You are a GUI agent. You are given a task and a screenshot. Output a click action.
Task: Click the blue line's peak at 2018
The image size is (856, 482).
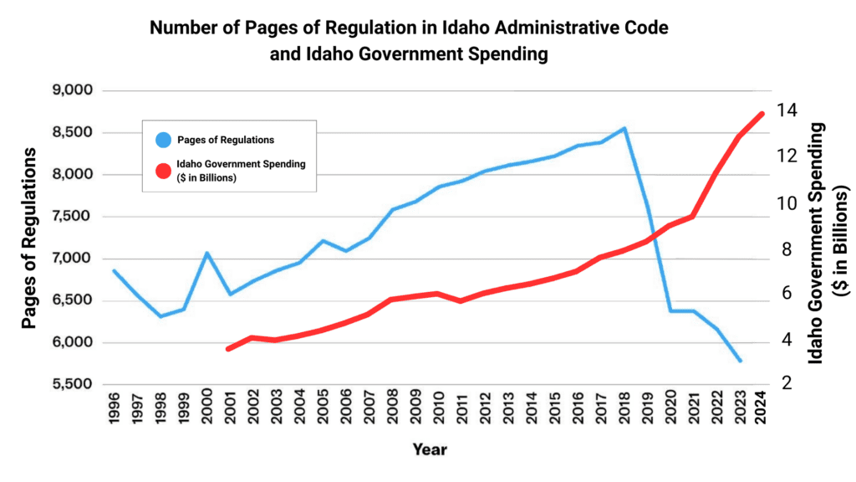(x=624, y=129)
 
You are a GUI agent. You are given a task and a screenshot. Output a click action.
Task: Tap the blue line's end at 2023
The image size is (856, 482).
(x=740, y=361)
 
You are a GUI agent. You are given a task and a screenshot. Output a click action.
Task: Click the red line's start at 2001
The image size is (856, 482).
(x=228, y=349)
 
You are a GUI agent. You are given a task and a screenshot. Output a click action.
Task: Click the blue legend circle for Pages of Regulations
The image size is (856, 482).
(x=163, y=139)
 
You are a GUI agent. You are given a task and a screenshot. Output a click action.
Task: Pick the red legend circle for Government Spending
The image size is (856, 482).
(x=163, y=171)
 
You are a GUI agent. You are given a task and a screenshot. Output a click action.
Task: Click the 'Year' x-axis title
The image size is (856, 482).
(x=430, y=450)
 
